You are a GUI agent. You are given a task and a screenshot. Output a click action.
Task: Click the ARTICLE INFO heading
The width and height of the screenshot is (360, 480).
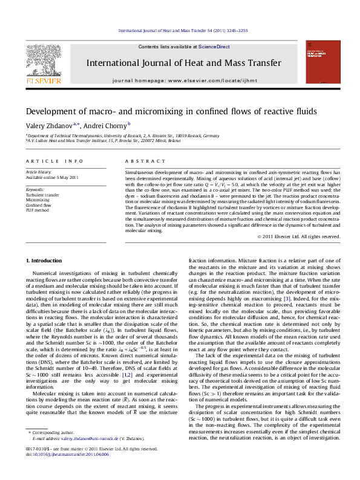(x=54, y=161)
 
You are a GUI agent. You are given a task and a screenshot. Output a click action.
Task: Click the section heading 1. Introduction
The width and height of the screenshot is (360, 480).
(x=46, y=261)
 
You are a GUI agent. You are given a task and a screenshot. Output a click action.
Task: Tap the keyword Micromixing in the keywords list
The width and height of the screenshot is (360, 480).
(x=38, y=200)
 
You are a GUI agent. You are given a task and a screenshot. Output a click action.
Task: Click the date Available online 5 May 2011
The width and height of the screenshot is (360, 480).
(x=52, y=178)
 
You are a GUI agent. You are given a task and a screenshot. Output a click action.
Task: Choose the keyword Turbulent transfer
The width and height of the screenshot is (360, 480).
(x=42, y=195)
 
